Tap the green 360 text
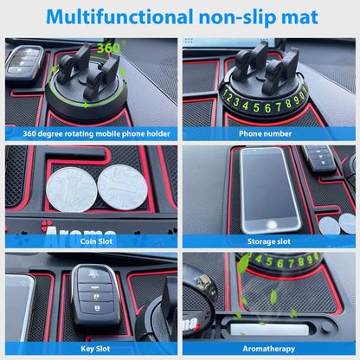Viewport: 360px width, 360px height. pyautogui.click(x=109, y=48)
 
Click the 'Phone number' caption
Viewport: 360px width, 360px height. pyautogui.click(x=269, y=133)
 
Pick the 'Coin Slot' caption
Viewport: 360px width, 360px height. pyautogui.click(x=90, y=241)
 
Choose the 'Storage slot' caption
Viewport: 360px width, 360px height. pyautogui.click(x=269, y=241)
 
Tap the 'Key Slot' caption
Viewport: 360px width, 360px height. pyautogui.click(x=90, y=349)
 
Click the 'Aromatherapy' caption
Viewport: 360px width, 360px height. pyautogui.click(x=269, y=349)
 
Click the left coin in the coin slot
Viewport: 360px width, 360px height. pyautogui.click(x=71, y=188)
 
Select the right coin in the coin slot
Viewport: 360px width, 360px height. pyautogui.click(x=122, y=185)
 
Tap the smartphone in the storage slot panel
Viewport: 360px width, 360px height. pyautogui.click(x=266, y=188)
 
